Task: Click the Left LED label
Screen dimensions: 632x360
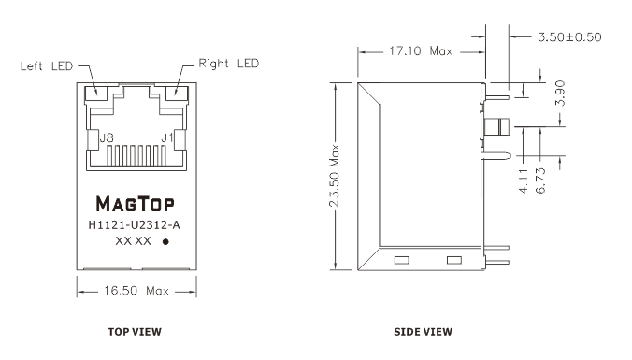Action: coord(47,65)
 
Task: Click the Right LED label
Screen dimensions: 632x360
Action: coord(228,64)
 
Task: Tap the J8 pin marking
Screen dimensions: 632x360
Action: coord(107,138)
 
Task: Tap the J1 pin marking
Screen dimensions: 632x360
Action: coord(166,137)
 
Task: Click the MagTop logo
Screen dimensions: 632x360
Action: coord(135,204)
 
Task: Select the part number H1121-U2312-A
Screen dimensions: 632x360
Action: coord(135,225)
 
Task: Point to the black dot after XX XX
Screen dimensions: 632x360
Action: coord(165,242)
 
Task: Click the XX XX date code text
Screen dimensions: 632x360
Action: coord(133,241)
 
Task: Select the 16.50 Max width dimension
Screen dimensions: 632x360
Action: coord(136,291)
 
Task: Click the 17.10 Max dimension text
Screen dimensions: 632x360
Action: coord(421,51)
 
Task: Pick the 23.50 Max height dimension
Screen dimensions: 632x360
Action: coord(335,176)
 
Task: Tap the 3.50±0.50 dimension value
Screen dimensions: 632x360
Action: coord(569,37)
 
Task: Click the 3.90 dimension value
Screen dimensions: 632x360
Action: coord(560,94)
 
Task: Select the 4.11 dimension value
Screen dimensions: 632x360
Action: coord(524,181)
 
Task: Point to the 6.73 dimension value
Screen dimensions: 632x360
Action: coord(541,180)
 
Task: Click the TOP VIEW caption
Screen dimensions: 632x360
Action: coord(135,332)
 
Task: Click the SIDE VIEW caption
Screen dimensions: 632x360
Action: coord(424,332)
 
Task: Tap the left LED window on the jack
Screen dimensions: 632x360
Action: coord(95,94)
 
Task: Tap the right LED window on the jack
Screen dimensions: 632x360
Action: coord(177,94)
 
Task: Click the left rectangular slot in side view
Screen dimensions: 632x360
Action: coord(401,260)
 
